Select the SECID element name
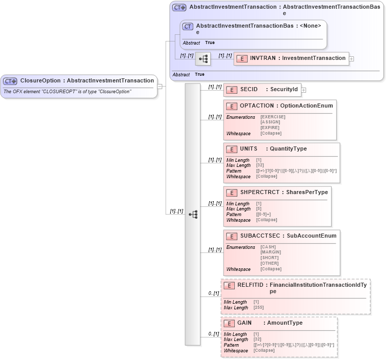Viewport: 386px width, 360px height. [249, 90]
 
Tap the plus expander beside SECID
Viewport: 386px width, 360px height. [303, 90]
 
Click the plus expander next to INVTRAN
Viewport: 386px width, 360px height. [351, 59]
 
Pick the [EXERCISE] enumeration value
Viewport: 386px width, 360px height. [273, 117]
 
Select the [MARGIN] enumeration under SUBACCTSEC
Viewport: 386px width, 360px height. [270, 252]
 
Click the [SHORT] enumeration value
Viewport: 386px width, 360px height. [270, 258]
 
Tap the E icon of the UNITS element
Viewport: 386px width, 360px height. [231, 149]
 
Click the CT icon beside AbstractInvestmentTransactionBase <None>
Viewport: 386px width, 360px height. [188, 26]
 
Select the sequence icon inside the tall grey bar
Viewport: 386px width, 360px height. [193, 215]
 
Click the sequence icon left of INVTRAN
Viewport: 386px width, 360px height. [203, 59]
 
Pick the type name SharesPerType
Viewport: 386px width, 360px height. [307, 192]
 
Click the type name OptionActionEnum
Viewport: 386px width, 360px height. [306, 105]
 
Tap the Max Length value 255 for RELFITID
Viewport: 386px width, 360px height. [259, 308]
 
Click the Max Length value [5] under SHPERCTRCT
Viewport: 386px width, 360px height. [259, 209]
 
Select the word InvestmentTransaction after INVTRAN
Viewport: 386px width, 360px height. [314, 58]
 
